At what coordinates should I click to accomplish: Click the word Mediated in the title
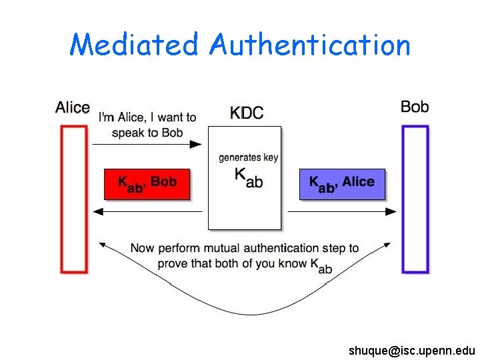[134, 45]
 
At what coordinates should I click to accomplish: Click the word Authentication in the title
[309, 45]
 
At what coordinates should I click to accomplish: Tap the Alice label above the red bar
[73, 107]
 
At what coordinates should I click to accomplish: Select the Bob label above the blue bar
[415, 107]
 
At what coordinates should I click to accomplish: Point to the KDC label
[247, 112]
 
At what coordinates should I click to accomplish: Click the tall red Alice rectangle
[74, 199]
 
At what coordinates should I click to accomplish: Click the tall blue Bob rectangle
[415, 199]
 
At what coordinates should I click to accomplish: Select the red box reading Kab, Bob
[147, 184]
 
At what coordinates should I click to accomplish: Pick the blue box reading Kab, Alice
[342, 184]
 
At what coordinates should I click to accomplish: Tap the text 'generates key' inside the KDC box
[249, 157]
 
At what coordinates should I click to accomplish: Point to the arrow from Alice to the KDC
[147, 143]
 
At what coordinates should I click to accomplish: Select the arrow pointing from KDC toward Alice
[147, 211]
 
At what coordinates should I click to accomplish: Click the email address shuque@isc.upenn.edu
[411, 350]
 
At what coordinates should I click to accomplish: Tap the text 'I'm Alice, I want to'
[147, 117]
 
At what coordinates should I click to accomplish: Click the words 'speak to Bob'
[147, 132]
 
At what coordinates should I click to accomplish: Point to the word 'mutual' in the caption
[231, 248]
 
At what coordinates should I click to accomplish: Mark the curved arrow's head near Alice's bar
[102, 245]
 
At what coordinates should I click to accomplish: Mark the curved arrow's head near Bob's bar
[389, 246]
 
